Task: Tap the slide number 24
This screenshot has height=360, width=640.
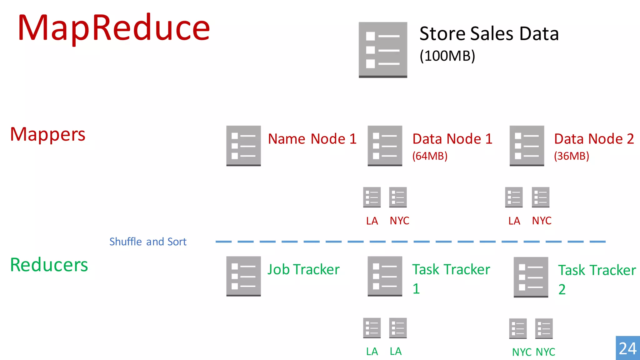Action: click(x=627, y=348)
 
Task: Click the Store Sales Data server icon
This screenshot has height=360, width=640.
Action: click(x=383, y=50)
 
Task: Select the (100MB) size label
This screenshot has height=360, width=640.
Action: click(x=447, y=56)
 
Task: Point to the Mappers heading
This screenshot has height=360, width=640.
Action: click(x=48, y=134)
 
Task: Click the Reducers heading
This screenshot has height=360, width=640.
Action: click(x=49, y=265)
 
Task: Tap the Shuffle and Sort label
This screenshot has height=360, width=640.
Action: click(x=148, y=242)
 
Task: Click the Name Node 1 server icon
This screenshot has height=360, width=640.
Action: click(x=243, y=146)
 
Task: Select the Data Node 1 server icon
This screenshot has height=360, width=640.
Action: click(x=385, y=146)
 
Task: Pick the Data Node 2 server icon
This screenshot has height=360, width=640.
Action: click(x=527, y=146)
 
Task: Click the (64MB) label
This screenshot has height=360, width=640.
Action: click(x=430, y=156)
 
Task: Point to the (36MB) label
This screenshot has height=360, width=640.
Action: click(x=571, y=156)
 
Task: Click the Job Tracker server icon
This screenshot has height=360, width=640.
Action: click(x=243, y=276)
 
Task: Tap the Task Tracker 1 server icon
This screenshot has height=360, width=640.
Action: click(x=385, y=276)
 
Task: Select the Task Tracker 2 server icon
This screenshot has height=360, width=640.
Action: click(x=531, y=277)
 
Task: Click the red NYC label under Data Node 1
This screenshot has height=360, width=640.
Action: click(x=399, y=221)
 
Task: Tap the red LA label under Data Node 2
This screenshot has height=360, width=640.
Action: click(x=514, y=221)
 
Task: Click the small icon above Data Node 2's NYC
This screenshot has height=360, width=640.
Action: click(x=540, y=197)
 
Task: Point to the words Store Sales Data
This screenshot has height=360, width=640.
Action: click(x=489, y=33)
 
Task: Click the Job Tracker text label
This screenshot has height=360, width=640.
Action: click(x=303, y=269)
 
